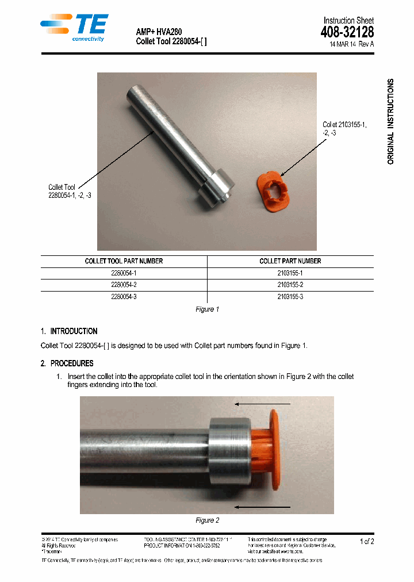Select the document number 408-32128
347,33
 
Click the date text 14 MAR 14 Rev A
351,44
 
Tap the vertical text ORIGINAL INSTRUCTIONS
391,121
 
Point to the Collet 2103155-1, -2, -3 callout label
344,128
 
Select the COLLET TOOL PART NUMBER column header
124,261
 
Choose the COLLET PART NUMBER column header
290,261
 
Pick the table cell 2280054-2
124,285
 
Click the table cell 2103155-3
290,297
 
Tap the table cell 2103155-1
290,273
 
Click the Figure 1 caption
207,309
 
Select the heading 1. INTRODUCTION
69,331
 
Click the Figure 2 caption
207,520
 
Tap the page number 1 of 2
366,542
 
